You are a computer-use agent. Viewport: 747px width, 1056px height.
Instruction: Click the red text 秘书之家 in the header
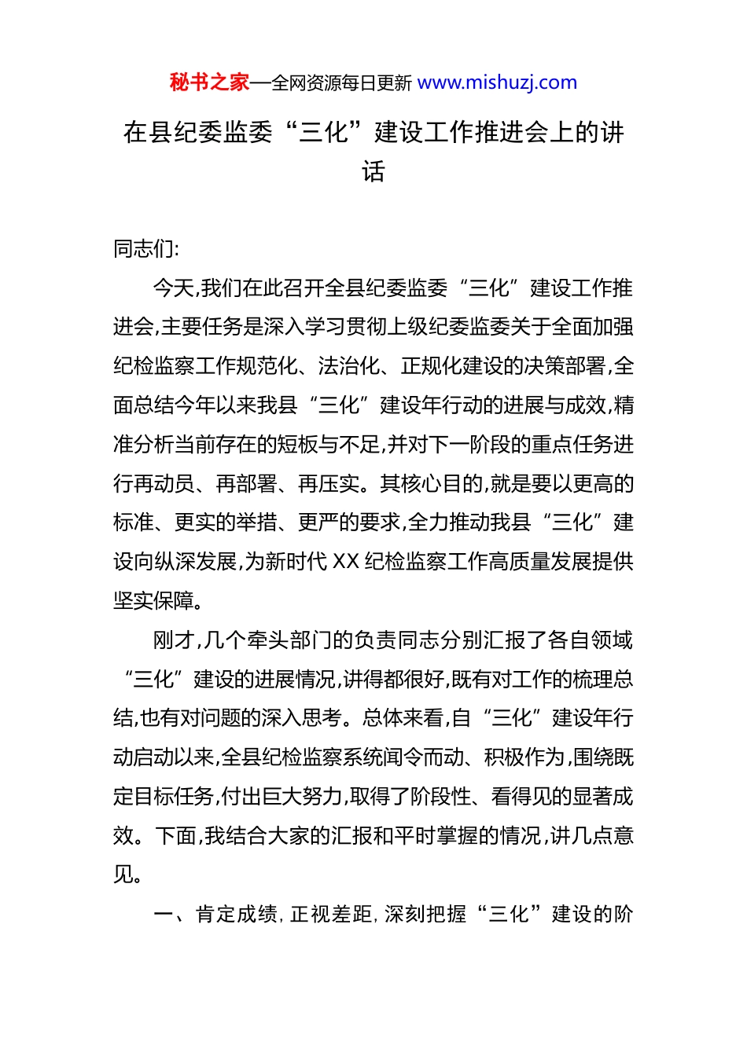coord(209,82)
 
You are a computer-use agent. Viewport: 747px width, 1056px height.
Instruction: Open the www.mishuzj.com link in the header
coord(497,82)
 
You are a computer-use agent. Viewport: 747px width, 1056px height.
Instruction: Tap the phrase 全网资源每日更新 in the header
coord(341,83)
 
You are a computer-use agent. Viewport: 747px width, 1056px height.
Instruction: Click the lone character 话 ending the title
coord(373,171)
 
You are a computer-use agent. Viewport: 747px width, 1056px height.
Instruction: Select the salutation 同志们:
coord(146,249)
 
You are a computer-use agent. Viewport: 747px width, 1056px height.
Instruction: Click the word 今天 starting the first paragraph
coord(173,288)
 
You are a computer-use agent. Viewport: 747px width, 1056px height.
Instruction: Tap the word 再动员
coord(164,484)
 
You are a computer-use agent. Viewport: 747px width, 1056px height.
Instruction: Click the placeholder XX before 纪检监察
coord(346,562)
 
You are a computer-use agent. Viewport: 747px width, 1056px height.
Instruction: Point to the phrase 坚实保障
coord(154,601)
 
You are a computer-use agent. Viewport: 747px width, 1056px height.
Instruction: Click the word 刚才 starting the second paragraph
coord(173,640)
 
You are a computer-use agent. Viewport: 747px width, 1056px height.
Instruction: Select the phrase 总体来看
coord(404,718)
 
